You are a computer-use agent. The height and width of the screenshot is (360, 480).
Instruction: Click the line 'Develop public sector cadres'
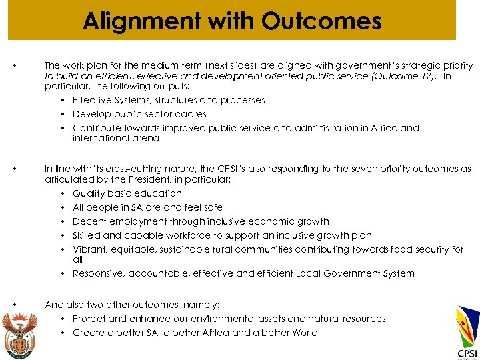(139, 114)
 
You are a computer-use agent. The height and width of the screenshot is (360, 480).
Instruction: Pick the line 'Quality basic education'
(127, 193)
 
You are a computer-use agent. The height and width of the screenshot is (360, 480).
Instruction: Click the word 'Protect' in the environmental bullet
(89, 319)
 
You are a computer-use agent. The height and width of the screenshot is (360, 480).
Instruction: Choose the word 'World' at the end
(303, 333)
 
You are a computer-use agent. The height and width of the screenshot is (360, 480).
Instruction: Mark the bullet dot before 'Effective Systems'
(63, 100)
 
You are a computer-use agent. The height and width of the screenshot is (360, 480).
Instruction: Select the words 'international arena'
(116, 139)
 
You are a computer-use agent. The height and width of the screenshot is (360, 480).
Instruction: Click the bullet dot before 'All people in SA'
(63, 207)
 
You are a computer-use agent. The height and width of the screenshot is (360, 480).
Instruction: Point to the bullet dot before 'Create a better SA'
(63, 333)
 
